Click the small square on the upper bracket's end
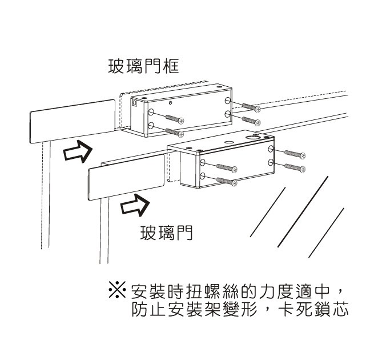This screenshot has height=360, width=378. coord(135,104)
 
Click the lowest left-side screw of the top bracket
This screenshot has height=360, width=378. coord(174,132)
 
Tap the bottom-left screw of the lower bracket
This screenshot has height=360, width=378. coord(227,181)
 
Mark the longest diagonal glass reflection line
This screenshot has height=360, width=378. coord(303,211)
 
